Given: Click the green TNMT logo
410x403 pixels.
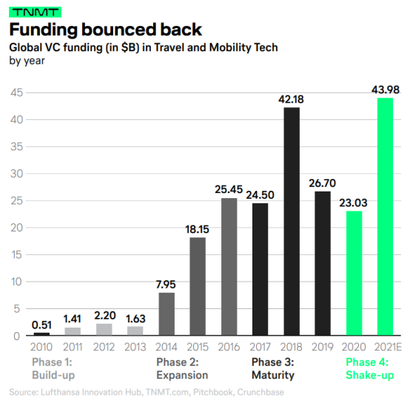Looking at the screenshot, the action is tap(35, 13).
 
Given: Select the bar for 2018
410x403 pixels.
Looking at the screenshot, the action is tap(292, 221).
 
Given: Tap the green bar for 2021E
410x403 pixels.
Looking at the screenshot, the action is tap(385, 217).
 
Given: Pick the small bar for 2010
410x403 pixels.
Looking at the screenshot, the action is tap(41, 333).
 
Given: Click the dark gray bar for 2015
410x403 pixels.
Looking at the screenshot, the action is tap(198, 286).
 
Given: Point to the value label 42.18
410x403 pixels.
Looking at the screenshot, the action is tap(291, 99).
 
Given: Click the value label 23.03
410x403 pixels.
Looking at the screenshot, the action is tap(353, 203).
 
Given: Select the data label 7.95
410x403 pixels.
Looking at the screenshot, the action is tap(166, 285).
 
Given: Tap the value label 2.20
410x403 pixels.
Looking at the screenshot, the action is tap(105, 316).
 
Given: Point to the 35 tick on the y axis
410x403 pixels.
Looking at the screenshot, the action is tap(17, 147).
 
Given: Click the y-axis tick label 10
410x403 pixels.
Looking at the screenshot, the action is tap(17, 282).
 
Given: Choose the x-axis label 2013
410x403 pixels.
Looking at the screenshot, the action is tap(135, 347).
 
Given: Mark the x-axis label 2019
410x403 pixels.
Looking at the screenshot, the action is tap(323, 347).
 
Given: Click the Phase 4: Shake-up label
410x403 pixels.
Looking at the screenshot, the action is tap(370, 369).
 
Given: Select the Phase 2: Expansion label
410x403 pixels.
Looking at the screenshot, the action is tap(182, 369).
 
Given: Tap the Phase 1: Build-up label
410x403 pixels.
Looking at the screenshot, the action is tap(53, 369).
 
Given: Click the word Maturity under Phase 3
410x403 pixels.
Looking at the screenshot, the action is tap(273, 376).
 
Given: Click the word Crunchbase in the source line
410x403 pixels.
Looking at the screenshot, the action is tap(261, 392).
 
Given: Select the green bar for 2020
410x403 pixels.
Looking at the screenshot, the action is tap(354, 273).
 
